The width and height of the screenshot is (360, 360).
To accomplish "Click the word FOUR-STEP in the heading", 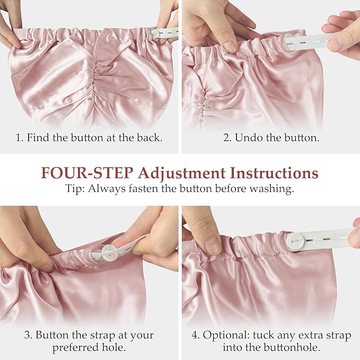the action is tap(87, 173).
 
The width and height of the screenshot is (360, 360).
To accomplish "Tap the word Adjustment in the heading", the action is tap(182, 173).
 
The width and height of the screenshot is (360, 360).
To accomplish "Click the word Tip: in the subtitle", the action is tap(75, 189).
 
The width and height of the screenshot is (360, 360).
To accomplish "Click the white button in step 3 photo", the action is tap(109, 253).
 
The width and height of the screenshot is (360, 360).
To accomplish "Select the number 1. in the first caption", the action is tap(20, 138).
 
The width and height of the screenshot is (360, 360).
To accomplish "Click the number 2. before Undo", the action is tap(227, 138).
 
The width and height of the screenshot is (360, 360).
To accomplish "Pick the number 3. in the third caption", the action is tap(28, 335).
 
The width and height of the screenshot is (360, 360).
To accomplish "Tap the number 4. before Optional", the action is tap(196, 335).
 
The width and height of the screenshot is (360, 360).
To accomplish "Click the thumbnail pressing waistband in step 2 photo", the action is tap(230, 46).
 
